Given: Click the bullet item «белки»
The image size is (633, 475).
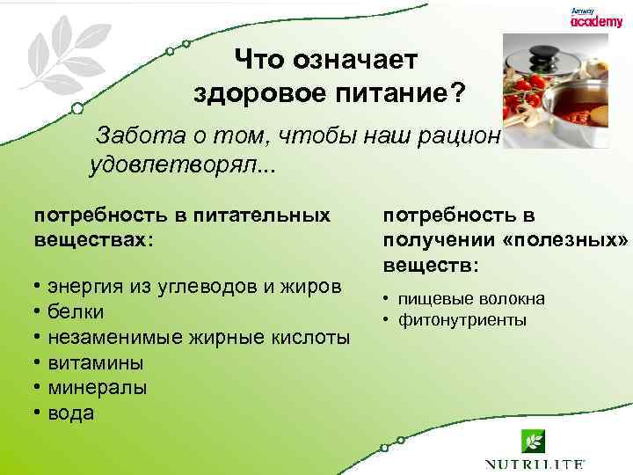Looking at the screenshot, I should coord(76,312).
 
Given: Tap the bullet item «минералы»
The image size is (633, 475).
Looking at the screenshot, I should coord(97,388).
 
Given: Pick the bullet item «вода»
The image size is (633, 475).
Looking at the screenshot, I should coord(70,413).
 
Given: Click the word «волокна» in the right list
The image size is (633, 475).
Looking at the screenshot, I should coord(515,299).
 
